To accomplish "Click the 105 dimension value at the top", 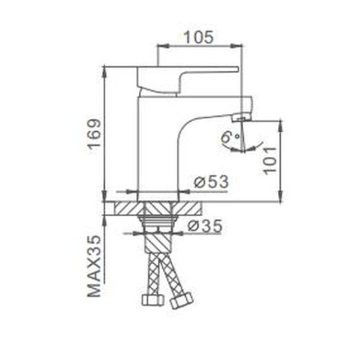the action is tap(199, 37).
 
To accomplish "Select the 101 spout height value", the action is tap(269, 161).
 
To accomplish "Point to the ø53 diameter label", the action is tap(211, 181).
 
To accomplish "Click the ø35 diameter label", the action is tap(204, 226).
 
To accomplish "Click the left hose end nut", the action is tap(153, 300).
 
